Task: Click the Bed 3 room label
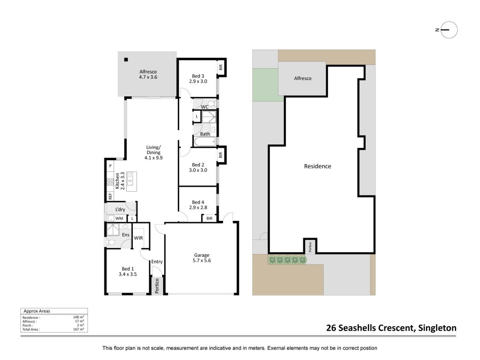[x=198, y=79]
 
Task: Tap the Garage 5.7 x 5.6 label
[x=202, y=258]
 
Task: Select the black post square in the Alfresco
[x=126, y=59]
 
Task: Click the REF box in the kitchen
[x=110, y=196]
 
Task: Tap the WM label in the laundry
[x=119, y=218]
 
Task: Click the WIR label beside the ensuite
[x=138, y=238]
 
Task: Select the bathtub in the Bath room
[x=205, y=142]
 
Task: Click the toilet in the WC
[x=212, y=104]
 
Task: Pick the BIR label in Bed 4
[x=209, y=218]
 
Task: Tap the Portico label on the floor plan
[x=157, y=286]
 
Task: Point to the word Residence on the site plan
[x=318, y=166]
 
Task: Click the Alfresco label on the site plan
[x=303, y=78]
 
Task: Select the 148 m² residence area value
[x=78, y=317]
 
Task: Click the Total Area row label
[x=31, y=329]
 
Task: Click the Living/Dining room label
[x=153, y=152]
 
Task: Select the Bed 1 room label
[x=128, y=271]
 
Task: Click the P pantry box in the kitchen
[x=110, y=166]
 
